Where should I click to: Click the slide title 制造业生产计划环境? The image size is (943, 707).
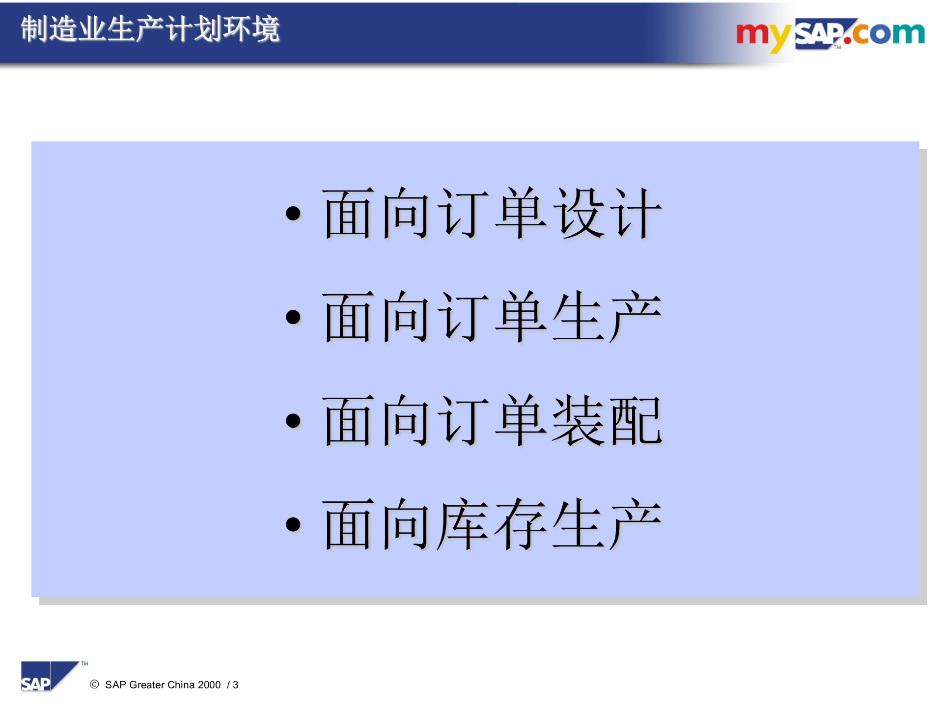click(x=150, y=29)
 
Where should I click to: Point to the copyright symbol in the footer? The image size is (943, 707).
click(x=94, y=684)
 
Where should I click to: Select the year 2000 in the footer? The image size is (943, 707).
click(x=209, y=685)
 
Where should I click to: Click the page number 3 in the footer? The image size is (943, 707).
click(x=236, y=685)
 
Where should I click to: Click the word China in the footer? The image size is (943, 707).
click(x=181, y=685)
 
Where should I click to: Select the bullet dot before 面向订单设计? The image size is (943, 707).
click(x=293, y=213)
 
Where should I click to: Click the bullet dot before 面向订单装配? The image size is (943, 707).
click(x=293, y=421)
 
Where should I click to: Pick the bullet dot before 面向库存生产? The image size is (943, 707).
click(x=293, y=524)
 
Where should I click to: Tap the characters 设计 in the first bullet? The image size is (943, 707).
click(x=608, y=214)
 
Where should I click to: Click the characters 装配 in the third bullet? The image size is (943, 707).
click(x=608, y=421)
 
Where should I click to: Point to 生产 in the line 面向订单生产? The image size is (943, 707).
click(x=608, y=317)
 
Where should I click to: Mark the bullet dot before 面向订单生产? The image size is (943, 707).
click(x=293, y=317)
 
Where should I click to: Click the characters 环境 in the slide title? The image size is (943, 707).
click(x=251, y=29)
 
